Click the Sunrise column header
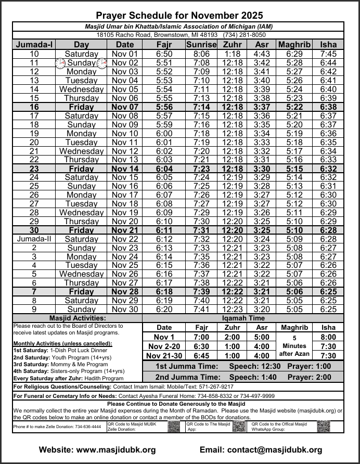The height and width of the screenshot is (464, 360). pos(201,45)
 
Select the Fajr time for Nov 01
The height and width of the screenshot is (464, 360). pos(164,54)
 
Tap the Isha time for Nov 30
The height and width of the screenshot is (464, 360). pos(328,309)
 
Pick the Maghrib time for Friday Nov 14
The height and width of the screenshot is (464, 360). pos(294,169)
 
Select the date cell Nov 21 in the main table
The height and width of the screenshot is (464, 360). pos(125,230)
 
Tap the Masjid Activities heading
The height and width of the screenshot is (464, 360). pos(77,318)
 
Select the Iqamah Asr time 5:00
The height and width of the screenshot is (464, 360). pos(262,337)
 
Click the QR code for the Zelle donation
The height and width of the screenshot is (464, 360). pos(174,427)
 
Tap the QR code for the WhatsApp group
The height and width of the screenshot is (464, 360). pos(323,427)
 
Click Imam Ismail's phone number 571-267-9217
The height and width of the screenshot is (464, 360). pos(213,387)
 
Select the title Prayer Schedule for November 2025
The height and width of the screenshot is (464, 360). pos(179,16)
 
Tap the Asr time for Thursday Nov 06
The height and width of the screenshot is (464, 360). pos(262,98)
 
